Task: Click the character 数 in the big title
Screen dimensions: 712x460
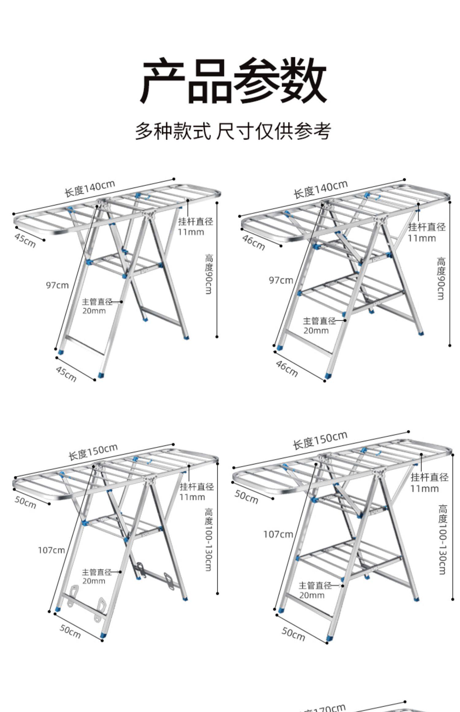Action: click(302, 80)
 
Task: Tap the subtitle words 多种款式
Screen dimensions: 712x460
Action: click(173, 131)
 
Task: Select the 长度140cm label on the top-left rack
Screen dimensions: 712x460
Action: click(90, 188)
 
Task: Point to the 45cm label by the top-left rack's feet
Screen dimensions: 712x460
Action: click(66, 374)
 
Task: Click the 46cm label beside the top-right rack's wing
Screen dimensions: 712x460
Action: click(253, 242)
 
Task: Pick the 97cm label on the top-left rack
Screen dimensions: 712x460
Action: click(57, 285)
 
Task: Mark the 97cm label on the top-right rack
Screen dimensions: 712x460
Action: click(281, 280)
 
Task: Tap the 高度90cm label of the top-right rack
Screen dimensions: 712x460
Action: click(441, 278)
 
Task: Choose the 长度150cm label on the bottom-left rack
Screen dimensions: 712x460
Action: click(93, 452)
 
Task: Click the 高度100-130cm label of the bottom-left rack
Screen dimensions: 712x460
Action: click(209, 540)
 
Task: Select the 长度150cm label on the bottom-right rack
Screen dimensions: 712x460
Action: click(320, 441)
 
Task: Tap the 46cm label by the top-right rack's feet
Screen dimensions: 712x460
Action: click(287, 369)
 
